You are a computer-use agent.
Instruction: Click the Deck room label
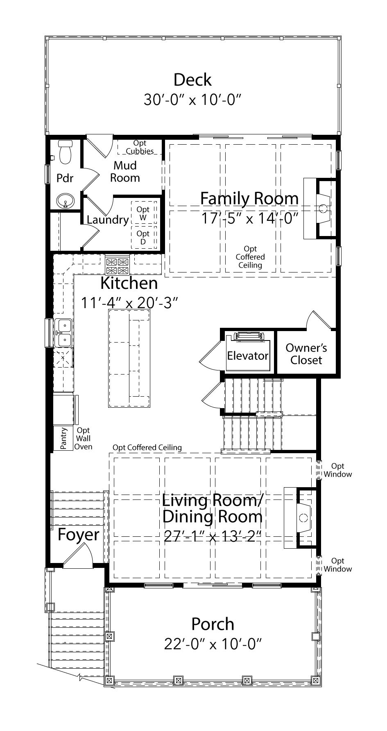pyautogui.click(x=192, y=80)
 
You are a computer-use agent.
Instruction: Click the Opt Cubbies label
pyautogui.click(x=140, y=147)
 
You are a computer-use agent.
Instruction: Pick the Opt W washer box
pyautogui.click(x=143, y=213)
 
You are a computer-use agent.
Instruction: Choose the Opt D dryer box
pyautogui.click(x=143, y=237)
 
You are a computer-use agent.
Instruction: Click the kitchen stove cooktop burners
pyautogui.click(x=118, y=266)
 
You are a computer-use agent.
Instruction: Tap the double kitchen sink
pyautogui.click(x=63, y=333)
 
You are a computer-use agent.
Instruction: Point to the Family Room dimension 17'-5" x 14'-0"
pyautogui.click(x=249, y=218)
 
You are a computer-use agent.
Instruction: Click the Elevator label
pyautogui.click(x=247, y=356)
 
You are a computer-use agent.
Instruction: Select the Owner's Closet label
pyautogui.click(x=306, y=354)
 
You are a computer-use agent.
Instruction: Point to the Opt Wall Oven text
pyautogui.click(x=83, y=438)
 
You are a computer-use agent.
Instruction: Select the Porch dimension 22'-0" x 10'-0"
pyautogui.click(x=213, y=644)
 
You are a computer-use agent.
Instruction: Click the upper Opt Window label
pyautogui.click(x=338, y=470)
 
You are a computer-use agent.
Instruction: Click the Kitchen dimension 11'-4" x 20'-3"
pyautogui.click(x=129, y=303)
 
